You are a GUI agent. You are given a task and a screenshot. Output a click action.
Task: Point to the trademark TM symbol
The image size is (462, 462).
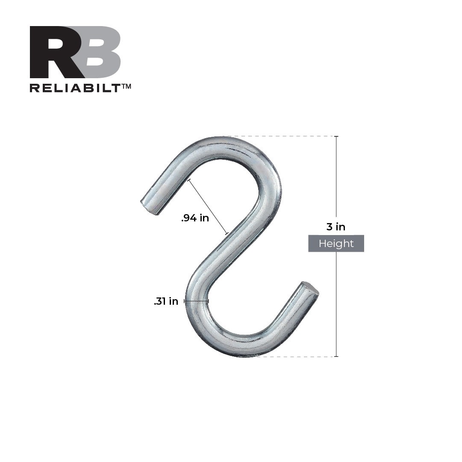coord(126,86)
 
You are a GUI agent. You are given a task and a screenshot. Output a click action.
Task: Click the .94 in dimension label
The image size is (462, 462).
coord(195,218)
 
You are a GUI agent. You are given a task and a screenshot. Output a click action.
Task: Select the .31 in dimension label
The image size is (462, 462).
coord(166,301)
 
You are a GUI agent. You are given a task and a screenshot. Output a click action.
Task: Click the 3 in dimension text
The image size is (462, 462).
coord(336,227)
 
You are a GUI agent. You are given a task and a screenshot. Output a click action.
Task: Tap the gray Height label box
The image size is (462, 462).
coord(336,244)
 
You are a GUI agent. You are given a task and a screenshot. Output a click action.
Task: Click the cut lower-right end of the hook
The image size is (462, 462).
coord(311,288)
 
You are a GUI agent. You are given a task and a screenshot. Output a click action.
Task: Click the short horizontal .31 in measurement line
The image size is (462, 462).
coord(196,301)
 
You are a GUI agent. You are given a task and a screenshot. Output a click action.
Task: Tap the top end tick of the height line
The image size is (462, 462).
coord(336,136)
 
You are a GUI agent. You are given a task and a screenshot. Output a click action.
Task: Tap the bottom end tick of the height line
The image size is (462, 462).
coord(336,356)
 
